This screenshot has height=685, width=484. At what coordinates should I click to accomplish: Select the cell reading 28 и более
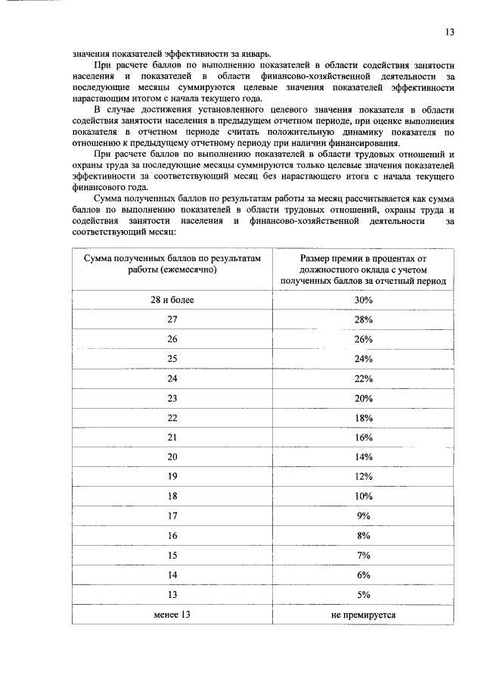[172, 300]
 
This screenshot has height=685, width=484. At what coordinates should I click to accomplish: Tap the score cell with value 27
[172, 319]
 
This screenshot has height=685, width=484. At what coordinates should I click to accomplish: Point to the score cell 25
[172, 359]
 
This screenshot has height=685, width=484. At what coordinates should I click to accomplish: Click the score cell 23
[172, 398]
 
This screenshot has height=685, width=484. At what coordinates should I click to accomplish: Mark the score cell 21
[172, 437]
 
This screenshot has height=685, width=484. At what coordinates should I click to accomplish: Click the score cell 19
[172, 477]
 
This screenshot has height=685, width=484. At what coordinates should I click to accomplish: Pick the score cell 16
[172, 536]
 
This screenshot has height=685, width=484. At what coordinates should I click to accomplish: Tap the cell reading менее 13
[172, 615]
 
